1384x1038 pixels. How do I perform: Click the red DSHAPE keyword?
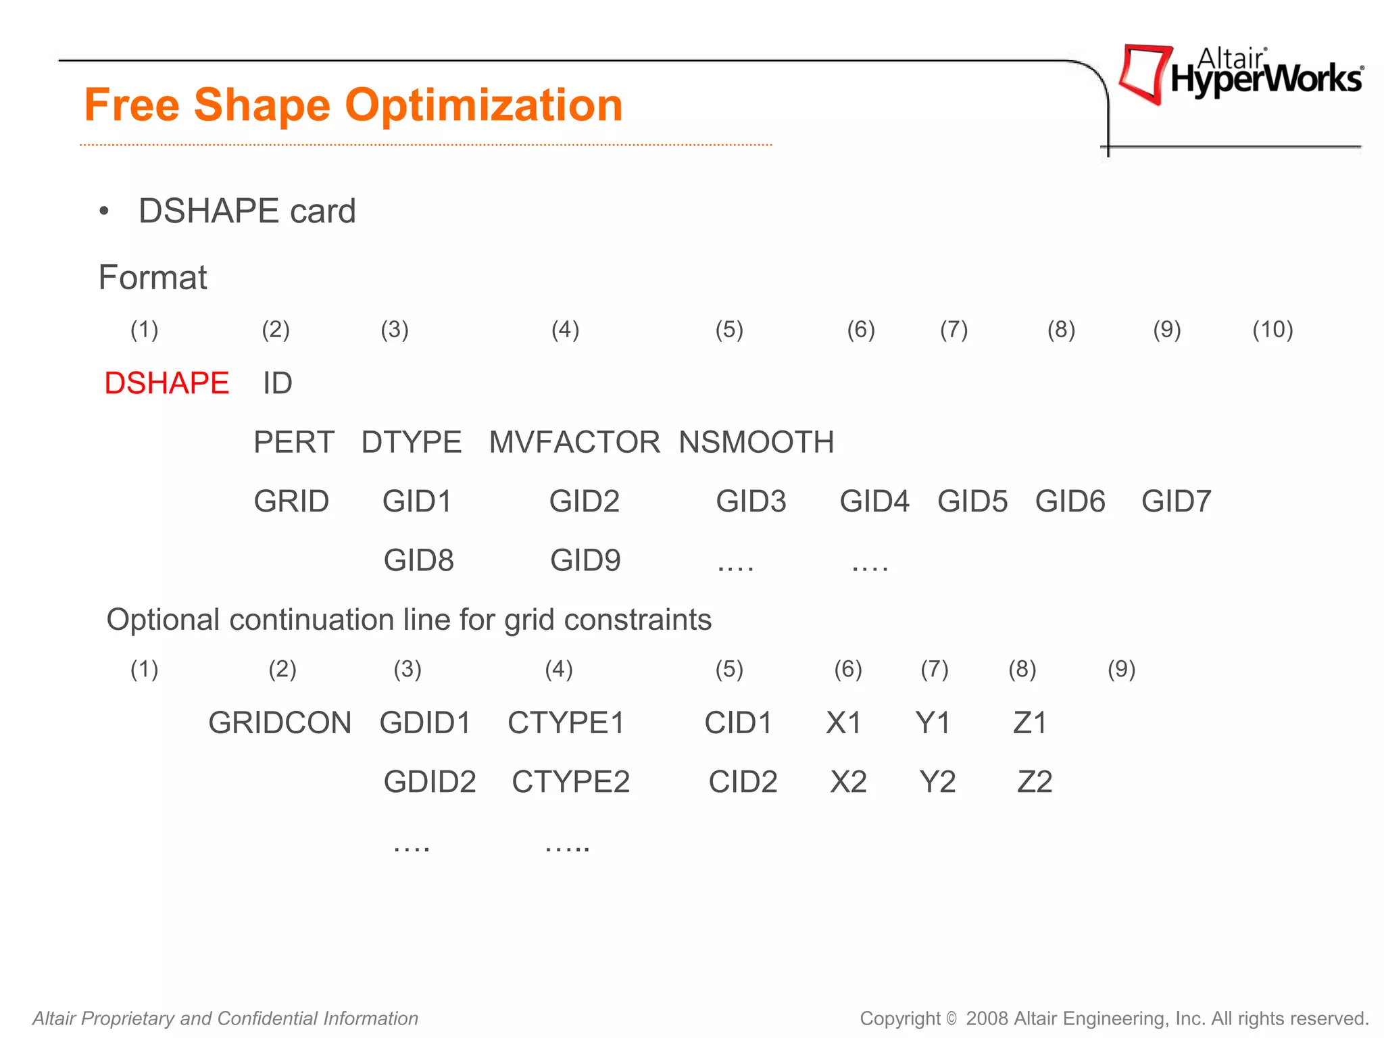coord(166,383)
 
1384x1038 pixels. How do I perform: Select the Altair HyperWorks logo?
coord(1241,75)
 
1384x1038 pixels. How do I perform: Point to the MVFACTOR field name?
coord(574,443)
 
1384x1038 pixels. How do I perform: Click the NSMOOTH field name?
coord(756,443)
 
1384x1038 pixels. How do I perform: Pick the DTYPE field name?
coord(411,443)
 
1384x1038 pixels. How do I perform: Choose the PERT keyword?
coord(294,443)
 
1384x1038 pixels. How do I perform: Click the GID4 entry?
coord(874,501)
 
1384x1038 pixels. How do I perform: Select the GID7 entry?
coord(1176,501)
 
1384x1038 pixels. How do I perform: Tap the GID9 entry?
coord(585,560)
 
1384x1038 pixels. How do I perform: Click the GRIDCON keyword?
coord(280,723)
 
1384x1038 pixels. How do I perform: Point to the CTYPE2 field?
coord(570,782)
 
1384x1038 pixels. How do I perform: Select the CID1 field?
coord(738,723)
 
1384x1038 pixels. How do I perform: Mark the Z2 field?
coord(1035,782)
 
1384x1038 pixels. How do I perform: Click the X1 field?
coord(843,723)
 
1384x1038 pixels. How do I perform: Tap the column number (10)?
coord(1272,330)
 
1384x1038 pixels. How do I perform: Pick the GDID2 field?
coord(430,782)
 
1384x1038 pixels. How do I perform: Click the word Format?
coord(153,278)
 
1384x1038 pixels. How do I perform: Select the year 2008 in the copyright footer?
coord(987,1018)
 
